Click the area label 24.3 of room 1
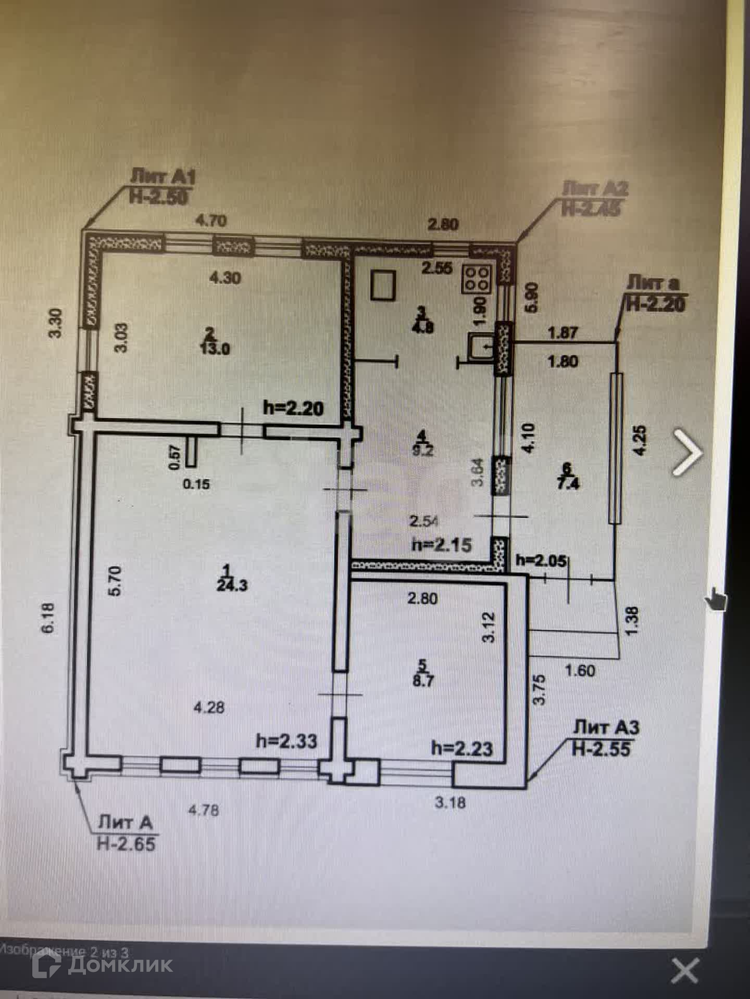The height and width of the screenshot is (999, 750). pyautogui.click(x=232, y=585)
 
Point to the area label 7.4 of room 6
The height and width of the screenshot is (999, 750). pyautogui.click(x=567, y=484)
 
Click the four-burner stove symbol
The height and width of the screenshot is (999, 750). pyautogui.click(x=476, y=277)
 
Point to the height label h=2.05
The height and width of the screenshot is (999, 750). pyautogui.click(x=541, y=560)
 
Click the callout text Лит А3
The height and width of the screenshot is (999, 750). pyautogui.click(x=606, y=727)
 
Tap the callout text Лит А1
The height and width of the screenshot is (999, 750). pyautogui.click(x=162, y=177)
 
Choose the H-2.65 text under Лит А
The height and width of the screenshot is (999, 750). pyautogui.click(x=126, y=843)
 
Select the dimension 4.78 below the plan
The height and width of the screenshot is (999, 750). pyautogui.click(x=203, y=810)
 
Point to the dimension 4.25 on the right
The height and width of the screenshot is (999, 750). pyautogui.click(x=641, y=440)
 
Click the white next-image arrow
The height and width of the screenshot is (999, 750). pyautogui.click(x=687, y=452)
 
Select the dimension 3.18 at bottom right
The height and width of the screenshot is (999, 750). pyautogui.click(x=451, y=802)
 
